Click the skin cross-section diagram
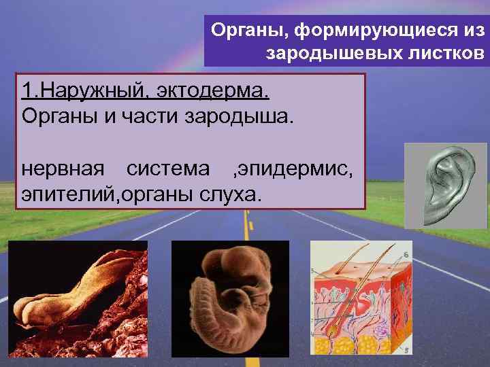click(x=361, y=298)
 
